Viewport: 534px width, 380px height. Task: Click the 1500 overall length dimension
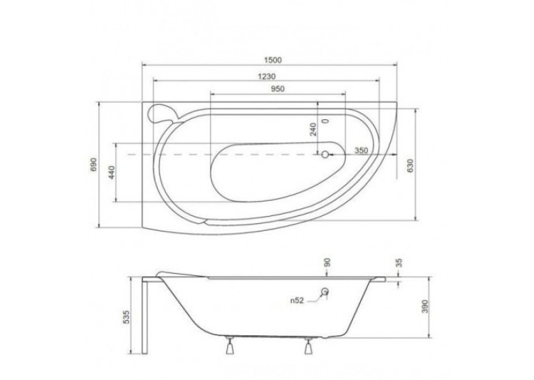[x=273, y=60]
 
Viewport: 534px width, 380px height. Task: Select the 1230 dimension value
[x=267, y=77]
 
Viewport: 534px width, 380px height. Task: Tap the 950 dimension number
[x=278, y=89]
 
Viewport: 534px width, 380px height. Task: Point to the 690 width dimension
[x=94, y=165]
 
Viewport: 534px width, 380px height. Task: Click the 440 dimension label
[x=112, y=172]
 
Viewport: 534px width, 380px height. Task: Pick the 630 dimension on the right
[x=410, y=165]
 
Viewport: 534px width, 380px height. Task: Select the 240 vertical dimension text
[x=313, y=129]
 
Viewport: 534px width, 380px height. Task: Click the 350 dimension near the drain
[x=362, y=151]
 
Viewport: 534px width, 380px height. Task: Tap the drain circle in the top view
[x=325, y=155]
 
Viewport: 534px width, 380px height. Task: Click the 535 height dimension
[x=126, y=317]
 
